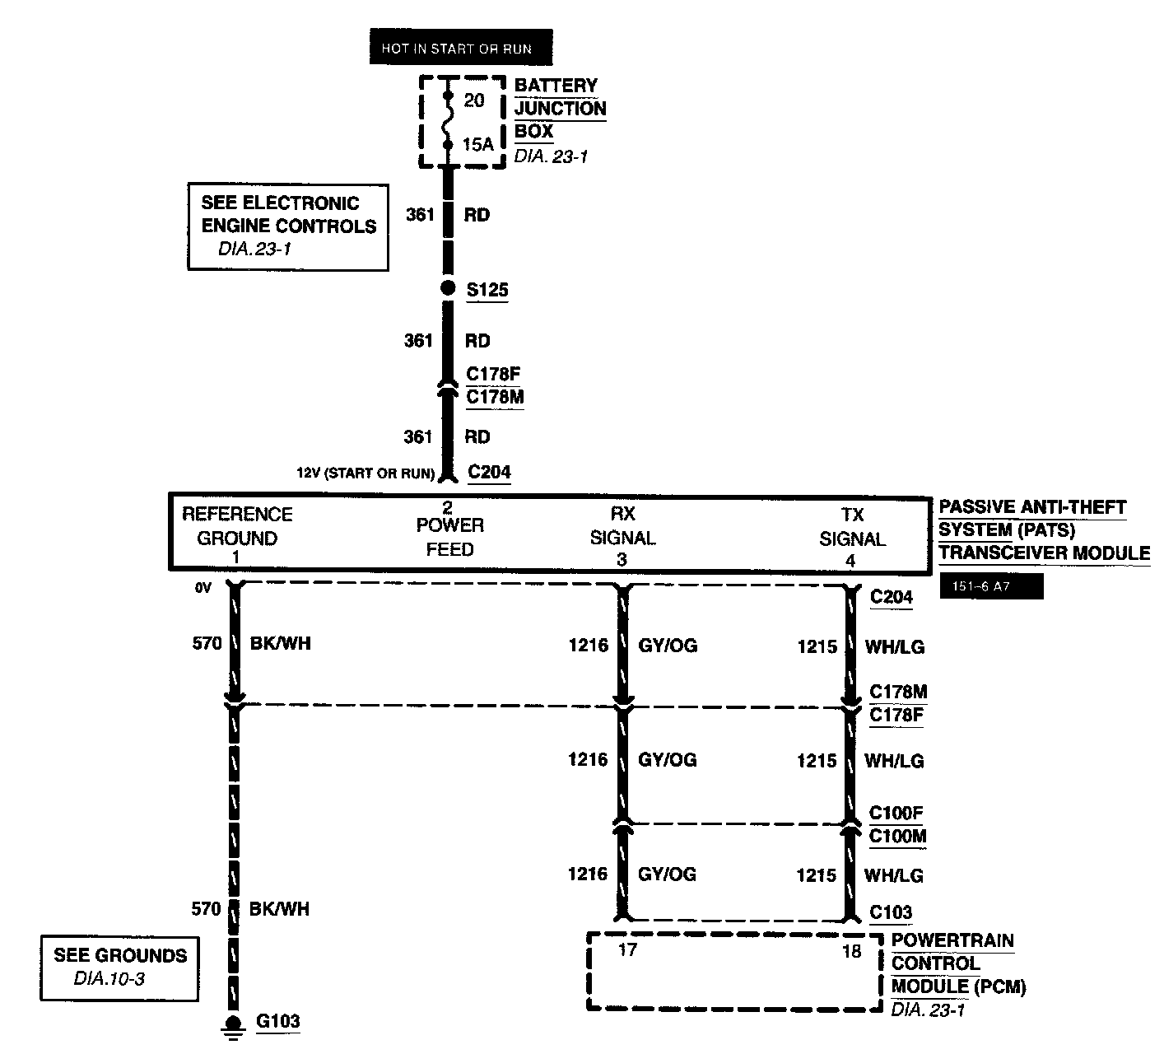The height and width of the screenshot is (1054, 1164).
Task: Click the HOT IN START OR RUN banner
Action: coord(460,49)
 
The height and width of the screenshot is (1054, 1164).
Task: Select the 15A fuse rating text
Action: coord(477,145)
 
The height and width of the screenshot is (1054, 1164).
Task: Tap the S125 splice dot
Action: coord(448,288)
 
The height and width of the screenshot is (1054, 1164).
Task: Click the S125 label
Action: coord(487,291)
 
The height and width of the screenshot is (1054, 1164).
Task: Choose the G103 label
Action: coord(278,1022)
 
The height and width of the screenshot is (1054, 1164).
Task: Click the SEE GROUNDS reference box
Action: coord(120,968)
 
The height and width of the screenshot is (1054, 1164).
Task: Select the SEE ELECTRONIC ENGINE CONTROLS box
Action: coord(288,226)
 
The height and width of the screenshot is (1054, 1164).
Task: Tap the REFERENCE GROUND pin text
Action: coord(237,526)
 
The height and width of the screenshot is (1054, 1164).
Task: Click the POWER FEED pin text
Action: coord(449,537)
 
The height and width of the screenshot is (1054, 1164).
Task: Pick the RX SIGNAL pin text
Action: coord(622,526)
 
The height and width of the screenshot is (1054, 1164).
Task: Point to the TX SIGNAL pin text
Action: coord(852,527)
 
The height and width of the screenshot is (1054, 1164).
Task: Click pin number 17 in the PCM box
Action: coord(627,950)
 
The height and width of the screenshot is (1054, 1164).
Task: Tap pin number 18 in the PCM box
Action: coord(851,951)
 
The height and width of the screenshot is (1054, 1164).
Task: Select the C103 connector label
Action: coord(891,912)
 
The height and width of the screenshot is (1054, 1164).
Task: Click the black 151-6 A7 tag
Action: coord(990,586)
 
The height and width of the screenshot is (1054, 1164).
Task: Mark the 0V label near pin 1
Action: coord(203,588)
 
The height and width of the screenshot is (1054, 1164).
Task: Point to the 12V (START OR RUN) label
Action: coord(365,473)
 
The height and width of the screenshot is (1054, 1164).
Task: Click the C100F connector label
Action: coord(896,814)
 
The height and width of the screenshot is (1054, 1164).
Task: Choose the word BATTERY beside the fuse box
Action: coord(556,86)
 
